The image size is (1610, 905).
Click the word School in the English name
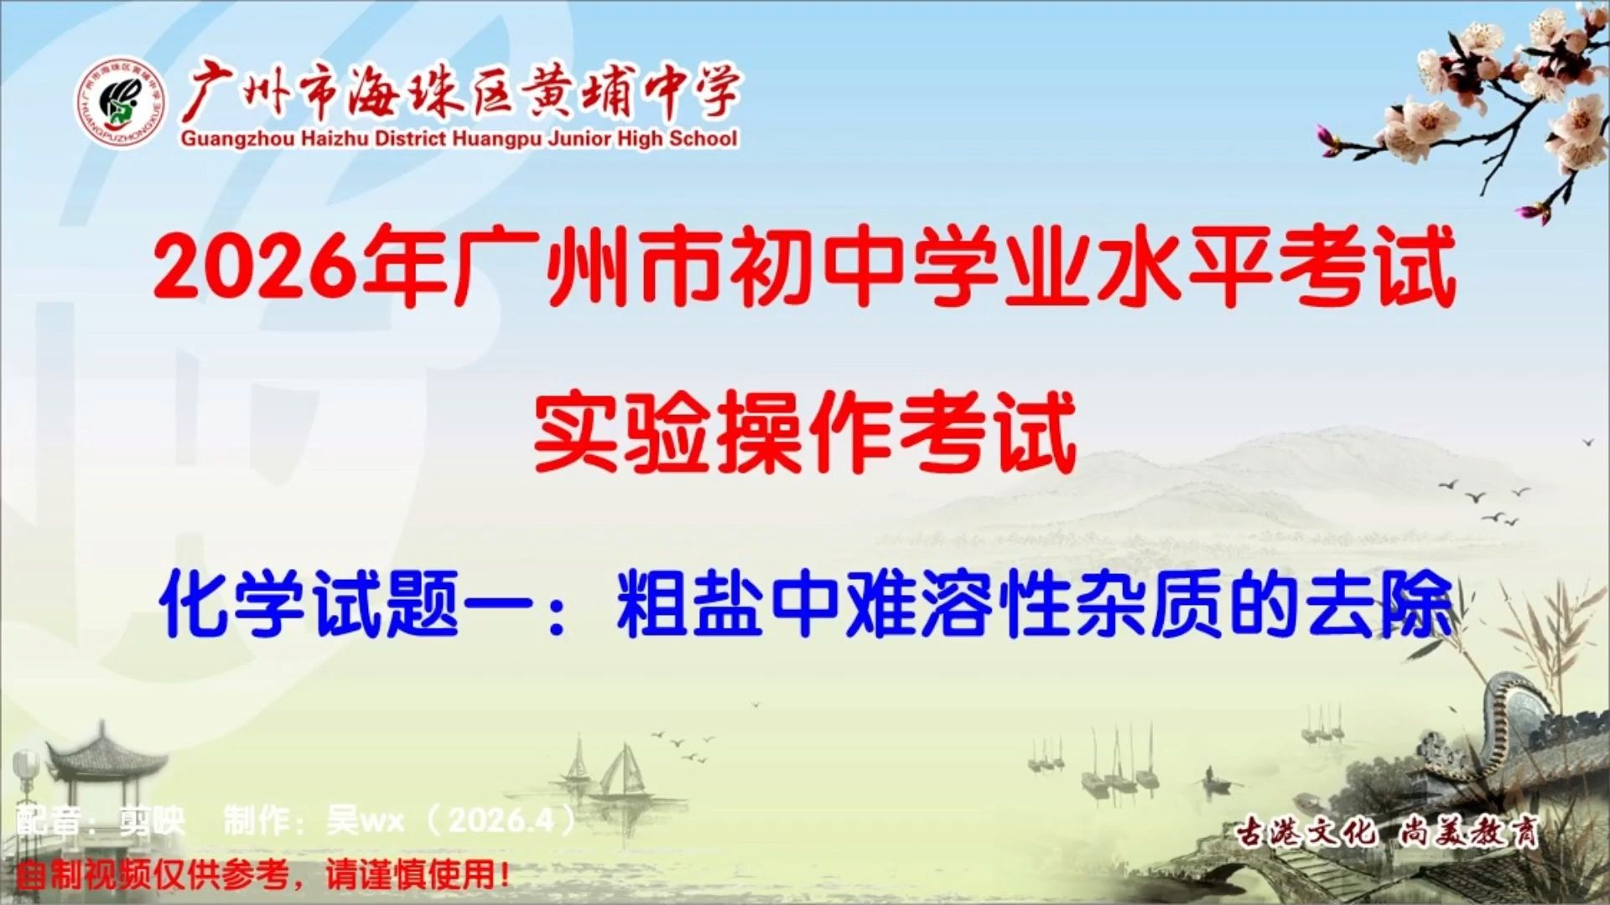click(x=703, y=139)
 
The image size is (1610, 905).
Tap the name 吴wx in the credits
click(x=365, y=820)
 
